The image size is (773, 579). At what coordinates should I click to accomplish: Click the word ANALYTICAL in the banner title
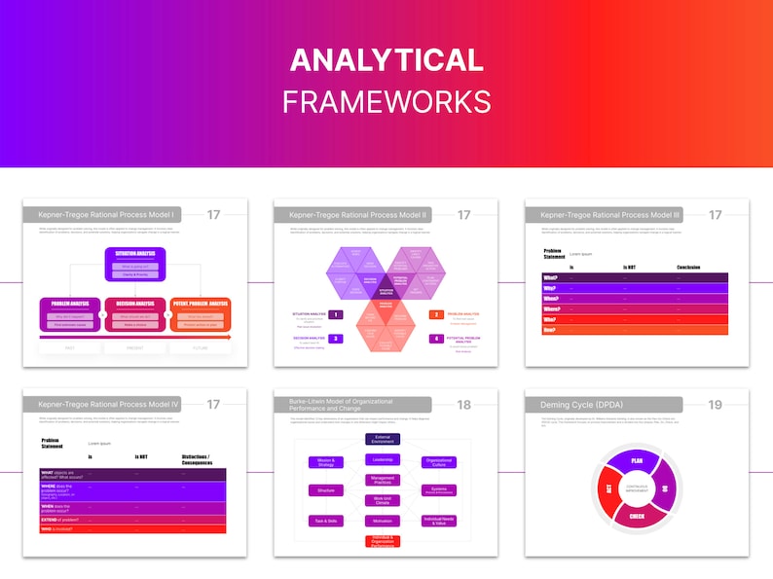(x=386, y=60)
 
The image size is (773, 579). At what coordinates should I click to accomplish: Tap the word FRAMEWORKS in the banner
(x=386, y=100)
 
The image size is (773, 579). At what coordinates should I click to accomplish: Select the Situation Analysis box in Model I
(x=134, y=258)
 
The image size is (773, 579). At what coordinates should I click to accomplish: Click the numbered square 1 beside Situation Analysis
(x=335, y=314)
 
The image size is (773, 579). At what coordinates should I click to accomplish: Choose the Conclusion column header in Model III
(x=688, y=267)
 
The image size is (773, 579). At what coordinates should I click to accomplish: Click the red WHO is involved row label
(x=61, y=528)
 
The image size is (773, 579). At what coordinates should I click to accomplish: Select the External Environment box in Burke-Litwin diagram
(x=383, y=440)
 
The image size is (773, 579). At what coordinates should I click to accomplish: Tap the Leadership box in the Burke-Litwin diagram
(x=383, y=459)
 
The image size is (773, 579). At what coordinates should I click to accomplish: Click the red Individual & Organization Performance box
(x=383, y=541)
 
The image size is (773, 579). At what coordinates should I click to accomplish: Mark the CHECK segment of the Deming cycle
(x=637, y=517)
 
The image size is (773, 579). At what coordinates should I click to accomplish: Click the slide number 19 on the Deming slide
(x=715, y=404)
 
